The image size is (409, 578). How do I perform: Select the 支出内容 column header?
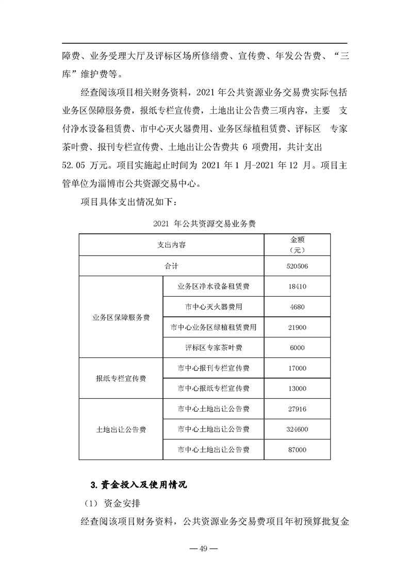(172, 245)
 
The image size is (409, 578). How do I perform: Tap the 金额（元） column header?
(298, 245)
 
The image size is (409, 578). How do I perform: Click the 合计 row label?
(172, 266)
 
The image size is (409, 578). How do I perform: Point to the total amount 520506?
(298, 266)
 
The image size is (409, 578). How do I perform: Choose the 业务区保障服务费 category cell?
(121, 317)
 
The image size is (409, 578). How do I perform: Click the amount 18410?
(298, 286)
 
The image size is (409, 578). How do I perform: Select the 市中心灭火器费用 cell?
(213, 307)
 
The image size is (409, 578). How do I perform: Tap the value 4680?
(298, 307)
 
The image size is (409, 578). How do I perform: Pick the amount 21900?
(298, 327)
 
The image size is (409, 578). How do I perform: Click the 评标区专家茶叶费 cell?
(213, 348)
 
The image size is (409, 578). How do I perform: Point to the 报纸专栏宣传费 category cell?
(121, 378)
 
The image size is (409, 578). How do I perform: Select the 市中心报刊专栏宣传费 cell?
(213, 368)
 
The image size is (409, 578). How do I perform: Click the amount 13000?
(298, 388)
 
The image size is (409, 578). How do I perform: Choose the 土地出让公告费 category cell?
(121, 429)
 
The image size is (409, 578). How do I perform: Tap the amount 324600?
(298, 429)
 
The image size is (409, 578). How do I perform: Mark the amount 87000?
(298, 450)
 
